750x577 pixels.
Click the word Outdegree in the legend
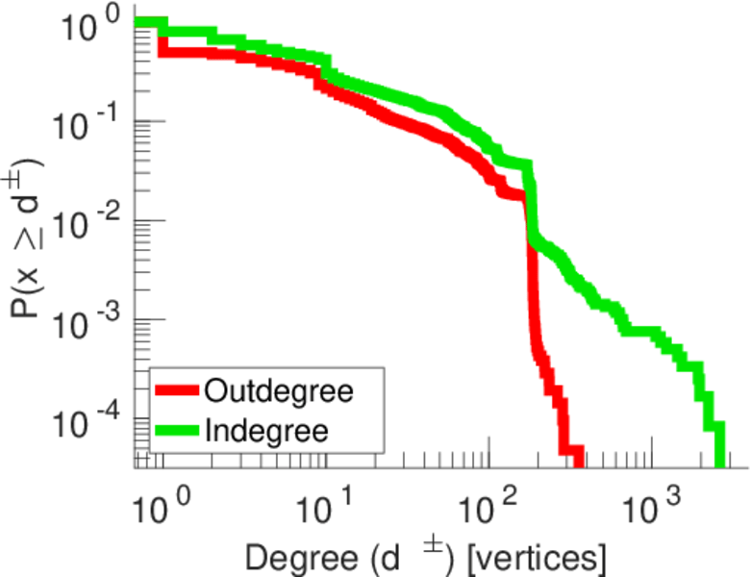click(280, 391)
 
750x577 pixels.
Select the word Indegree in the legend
click(266, 431)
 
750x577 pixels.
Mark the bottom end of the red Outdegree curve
click(578, 463)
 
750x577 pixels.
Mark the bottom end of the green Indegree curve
click(721, 463)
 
